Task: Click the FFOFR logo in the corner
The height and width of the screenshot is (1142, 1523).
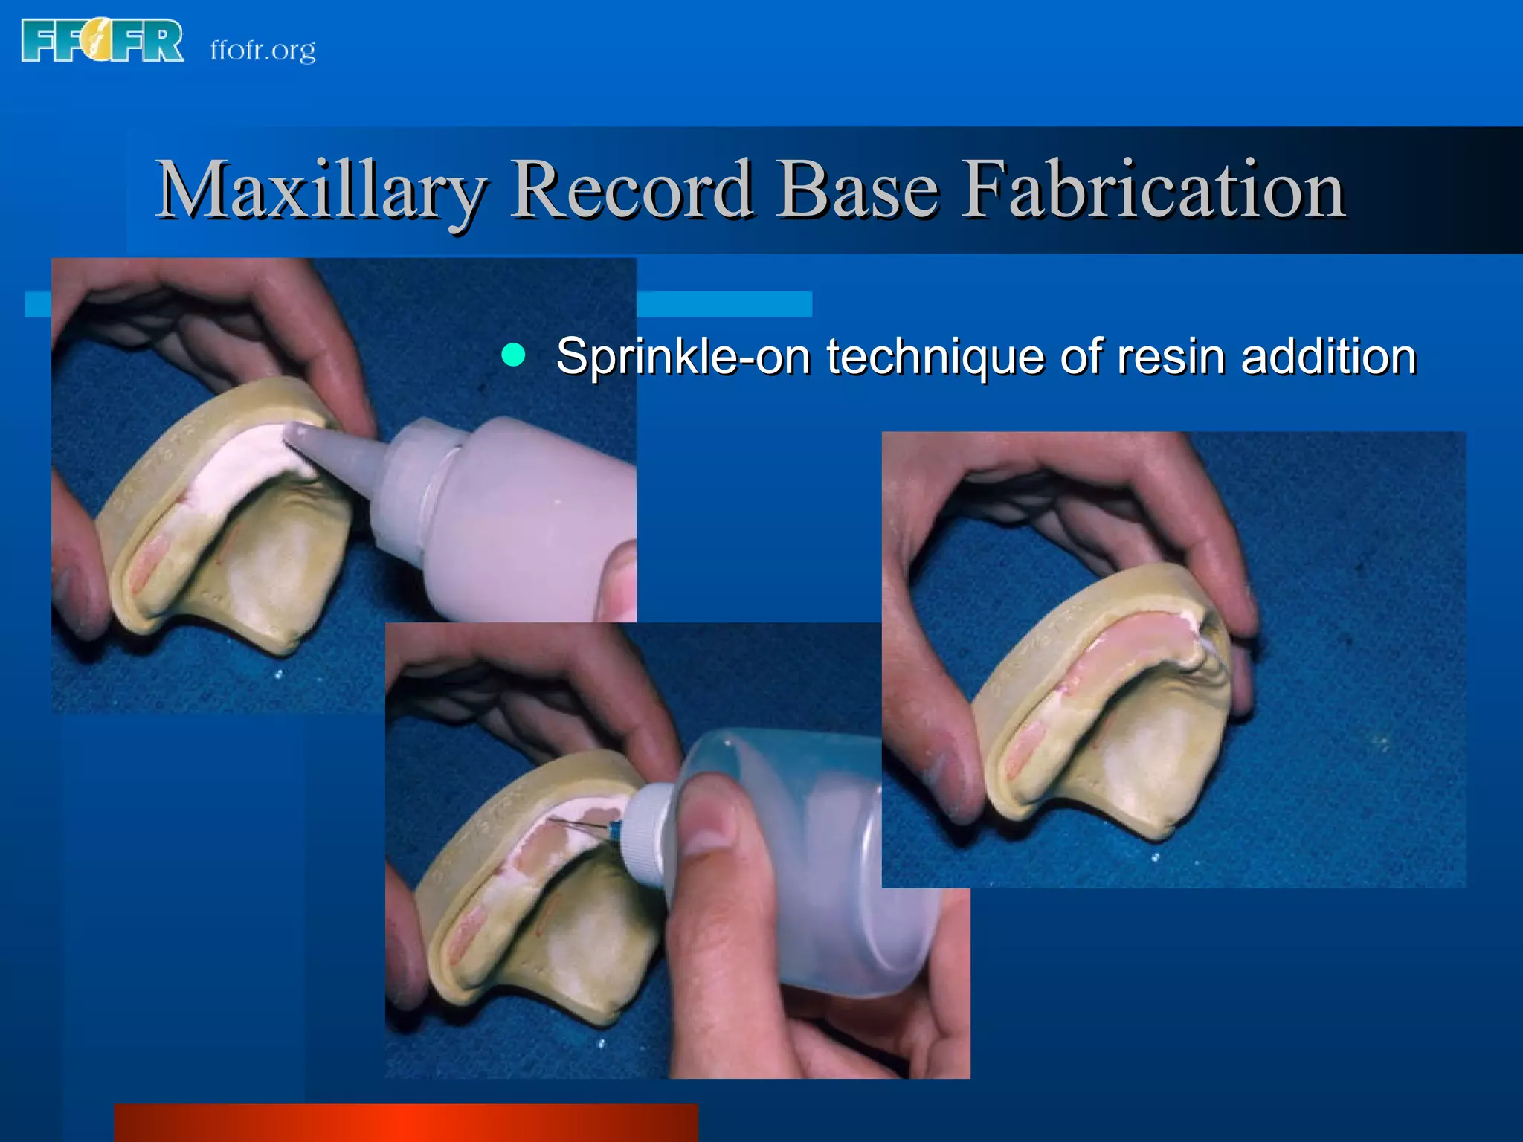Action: (x=103, y=41)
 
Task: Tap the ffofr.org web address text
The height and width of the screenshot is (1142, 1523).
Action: (x=263, y=51)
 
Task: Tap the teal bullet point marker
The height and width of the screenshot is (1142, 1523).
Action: (x=513, y=355)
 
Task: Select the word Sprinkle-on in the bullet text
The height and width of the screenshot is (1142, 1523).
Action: (x=683, y=356)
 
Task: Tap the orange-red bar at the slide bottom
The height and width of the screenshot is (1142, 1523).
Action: (x=405, y=1123)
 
